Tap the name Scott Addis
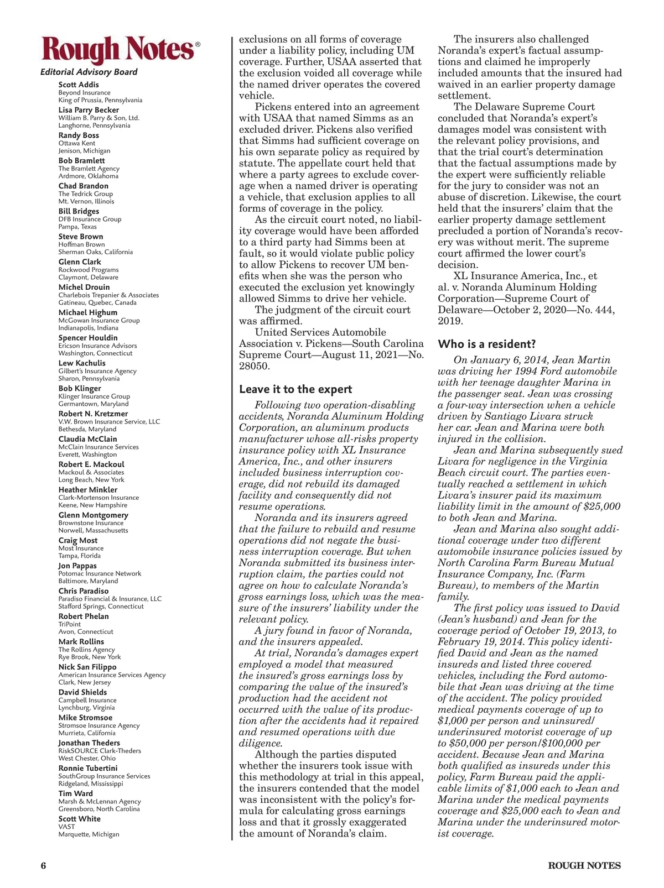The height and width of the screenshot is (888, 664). [79, 85]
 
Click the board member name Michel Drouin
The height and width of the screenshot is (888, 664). [84, 287]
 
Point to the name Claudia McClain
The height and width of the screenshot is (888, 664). [87, 439]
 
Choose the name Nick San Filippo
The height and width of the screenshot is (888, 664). [87, 667]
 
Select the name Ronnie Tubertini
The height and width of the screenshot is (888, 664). [88, 768]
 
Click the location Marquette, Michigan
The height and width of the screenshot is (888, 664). [89, 834]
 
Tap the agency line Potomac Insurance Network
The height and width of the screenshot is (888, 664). [100, 573]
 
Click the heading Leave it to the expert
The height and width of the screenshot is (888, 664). [295, 389]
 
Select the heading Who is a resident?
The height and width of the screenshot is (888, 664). [487, 344]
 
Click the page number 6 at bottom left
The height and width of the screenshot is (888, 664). [43, 865]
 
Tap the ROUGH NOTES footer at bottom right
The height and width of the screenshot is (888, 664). [584, 865]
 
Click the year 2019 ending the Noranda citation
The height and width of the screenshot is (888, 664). [450, 321]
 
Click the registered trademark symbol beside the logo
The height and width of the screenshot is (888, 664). [198, 44]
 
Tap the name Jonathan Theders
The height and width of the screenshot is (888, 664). [89, 743]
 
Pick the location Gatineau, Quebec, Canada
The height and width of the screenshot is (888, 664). [97, 302]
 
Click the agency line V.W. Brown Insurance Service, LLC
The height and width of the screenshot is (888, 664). [109, 421]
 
